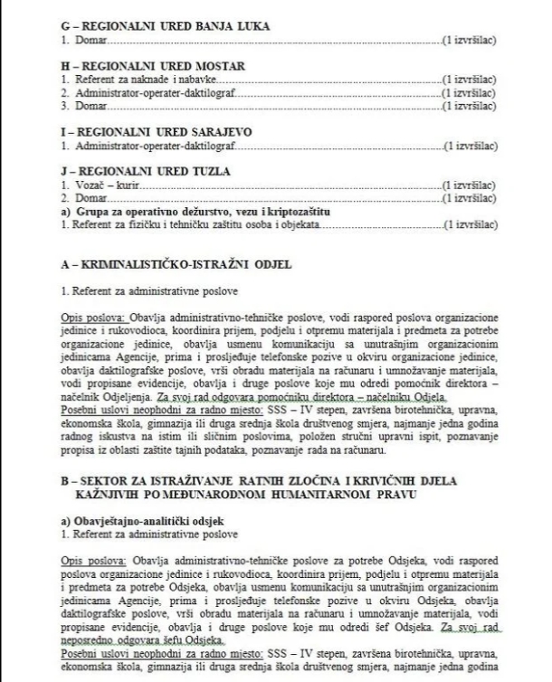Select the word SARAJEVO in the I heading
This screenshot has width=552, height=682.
pos(203,133)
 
